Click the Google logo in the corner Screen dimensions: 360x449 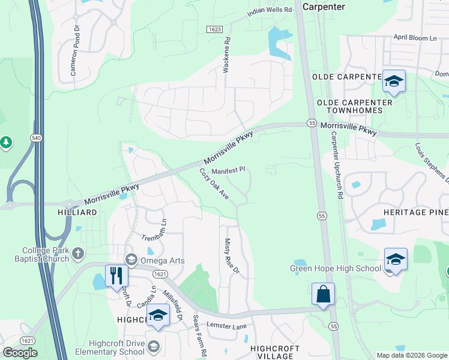[x=20, y=353]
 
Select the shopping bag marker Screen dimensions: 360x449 [x=323, y=294]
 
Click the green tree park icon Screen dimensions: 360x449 [x=6, y=142]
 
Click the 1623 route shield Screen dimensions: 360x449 [x=214, y=29]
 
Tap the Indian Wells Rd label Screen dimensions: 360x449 [x=270, y=10]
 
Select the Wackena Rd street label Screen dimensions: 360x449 [x=227, y=56]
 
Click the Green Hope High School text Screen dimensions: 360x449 [x=336, y=269]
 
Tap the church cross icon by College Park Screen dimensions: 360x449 [x=77, y=254]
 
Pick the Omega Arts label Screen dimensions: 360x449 [x=162, y=260]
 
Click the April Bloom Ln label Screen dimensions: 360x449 [x=415, y=38]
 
